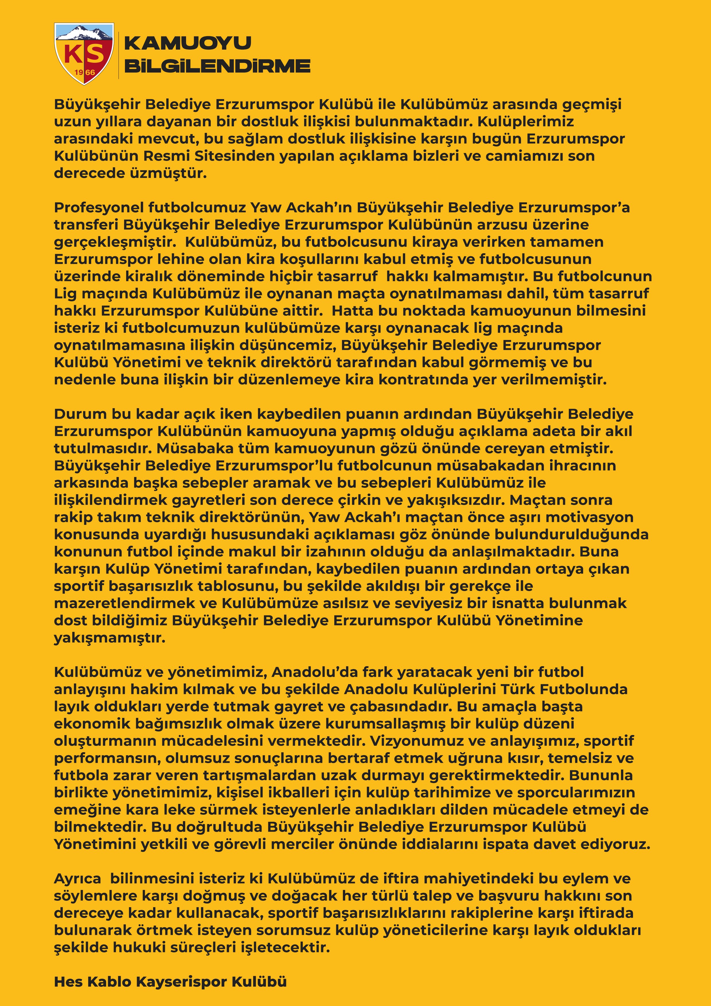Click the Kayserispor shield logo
84,53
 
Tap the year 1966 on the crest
85,72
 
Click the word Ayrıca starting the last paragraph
77,878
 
